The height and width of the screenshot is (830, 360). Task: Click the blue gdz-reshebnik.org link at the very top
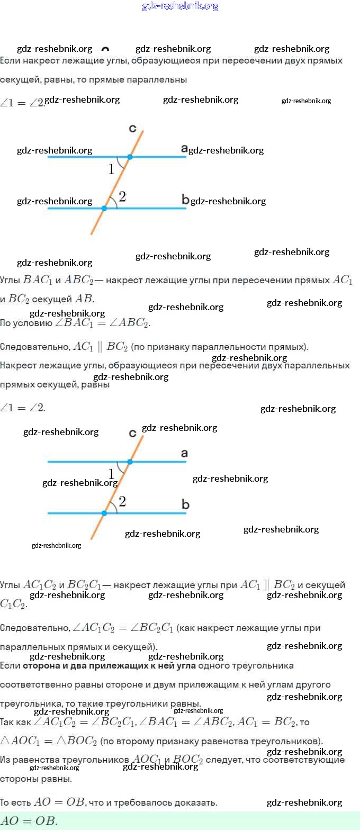pos(180,6)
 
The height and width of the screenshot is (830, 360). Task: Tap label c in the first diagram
pos(133,128)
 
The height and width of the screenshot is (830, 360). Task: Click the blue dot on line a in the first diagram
pos(130,157)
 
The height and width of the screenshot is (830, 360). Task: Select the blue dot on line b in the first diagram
pos(104,209)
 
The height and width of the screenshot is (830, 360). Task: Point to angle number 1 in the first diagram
pos(111,169)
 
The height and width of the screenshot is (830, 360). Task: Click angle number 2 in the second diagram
pos(122,501)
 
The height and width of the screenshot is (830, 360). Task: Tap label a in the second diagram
pos(184,454)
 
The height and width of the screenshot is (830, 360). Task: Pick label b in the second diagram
pos(185,504)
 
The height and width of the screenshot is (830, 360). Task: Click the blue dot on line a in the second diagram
pos(130,462)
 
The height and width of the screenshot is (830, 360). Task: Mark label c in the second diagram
pos(133,434)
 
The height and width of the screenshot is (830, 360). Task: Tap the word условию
pos(37,323)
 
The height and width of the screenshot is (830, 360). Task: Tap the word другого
pos(312,685)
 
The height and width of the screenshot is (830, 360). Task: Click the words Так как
pos(16,722)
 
